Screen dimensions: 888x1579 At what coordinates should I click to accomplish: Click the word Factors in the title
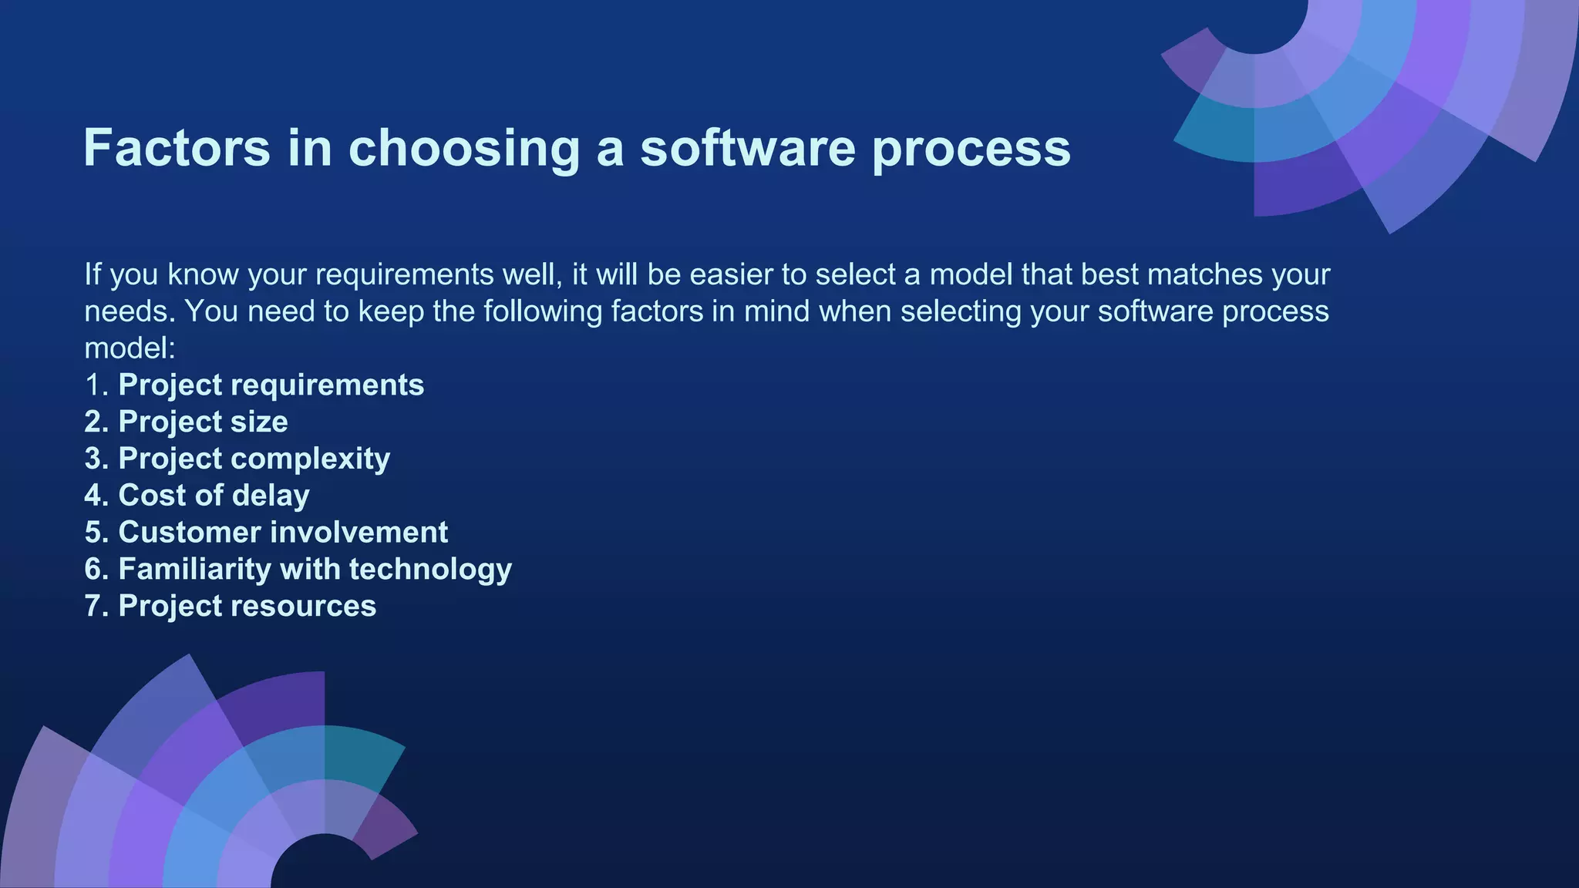(x=177, y=147)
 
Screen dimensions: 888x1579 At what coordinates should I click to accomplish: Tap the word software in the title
(x=747, y=147)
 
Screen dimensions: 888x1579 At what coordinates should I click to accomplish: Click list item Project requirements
(x=270, y=385)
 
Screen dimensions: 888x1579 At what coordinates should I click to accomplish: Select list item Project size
(x=202, y=422)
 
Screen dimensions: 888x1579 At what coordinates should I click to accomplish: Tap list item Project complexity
(x=253, y=459)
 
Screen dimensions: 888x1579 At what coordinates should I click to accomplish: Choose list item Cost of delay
(x=213, y=496)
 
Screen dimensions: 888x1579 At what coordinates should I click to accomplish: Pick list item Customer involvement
(x=282, y=533)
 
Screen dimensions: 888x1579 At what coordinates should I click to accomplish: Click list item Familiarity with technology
(x=314, y=570)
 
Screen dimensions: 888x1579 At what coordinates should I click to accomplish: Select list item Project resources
(x=247, y=607)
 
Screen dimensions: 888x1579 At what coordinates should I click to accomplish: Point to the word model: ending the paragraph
(x=130, y=348)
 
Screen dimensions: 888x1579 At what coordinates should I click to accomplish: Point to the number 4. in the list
(x=96, y=496)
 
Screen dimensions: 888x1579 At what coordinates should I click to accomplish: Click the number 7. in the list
(x=96, y=607)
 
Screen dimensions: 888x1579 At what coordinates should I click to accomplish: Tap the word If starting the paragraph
(x=93, y=275)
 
